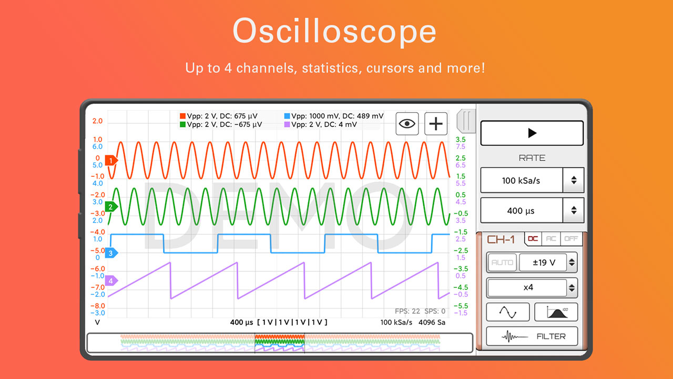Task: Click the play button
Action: pos(532,133)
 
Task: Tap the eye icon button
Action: pos(407,124)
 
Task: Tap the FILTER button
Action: pos(532,336)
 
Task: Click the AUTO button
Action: pos(502,262)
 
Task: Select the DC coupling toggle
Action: pos(533,238)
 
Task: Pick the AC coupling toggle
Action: pos(551,238)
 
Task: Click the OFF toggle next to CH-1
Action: pos(570,238)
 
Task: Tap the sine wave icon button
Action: pos(507,312)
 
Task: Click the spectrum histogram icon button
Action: pos(556,312)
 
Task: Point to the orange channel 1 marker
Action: pos(111,161)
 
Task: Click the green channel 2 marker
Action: pos(111,207)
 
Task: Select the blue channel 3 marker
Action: pos(111,253)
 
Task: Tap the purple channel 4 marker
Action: pos(111,281)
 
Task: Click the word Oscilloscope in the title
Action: pos(334,32)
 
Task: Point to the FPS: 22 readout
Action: pos(407,311)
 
